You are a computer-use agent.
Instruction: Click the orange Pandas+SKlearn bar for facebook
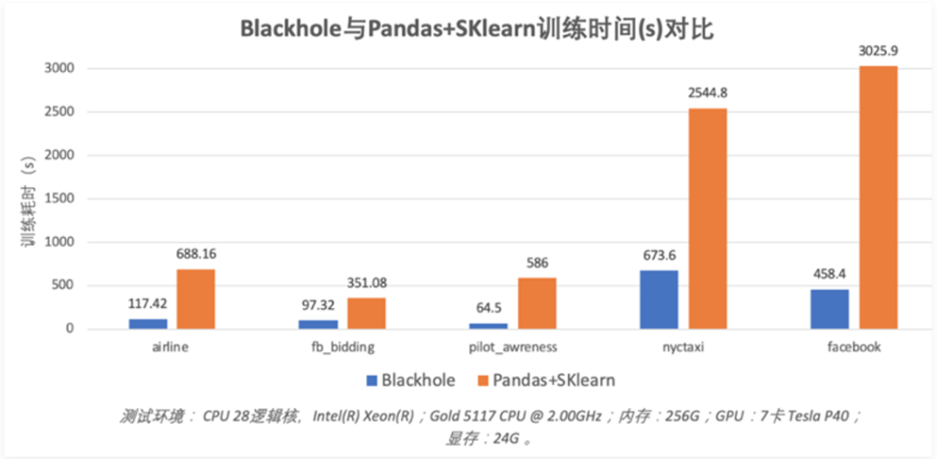coord(878,198)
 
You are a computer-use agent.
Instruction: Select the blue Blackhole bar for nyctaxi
coord(659,299)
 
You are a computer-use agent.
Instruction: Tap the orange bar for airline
coord(196,298)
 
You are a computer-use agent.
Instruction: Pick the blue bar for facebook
coord(830,309)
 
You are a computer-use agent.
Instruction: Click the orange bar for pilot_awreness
coord(538,303)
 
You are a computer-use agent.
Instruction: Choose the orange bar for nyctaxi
coord(708,219)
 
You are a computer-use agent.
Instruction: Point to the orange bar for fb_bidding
coord(366,313)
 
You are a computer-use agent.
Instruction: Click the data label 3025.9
coord(878,51)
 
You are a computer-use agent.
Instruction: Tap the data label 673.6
coord(659,255)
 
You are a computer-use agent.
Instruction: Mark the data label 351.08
coord(367,283)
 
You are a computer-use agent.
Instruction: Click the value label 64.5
coord(488,309)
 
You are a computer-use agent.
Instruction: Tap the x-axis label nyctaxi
coord(684,347)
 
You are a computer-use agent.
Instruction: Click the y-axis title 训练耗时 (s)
coord(28,198)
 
